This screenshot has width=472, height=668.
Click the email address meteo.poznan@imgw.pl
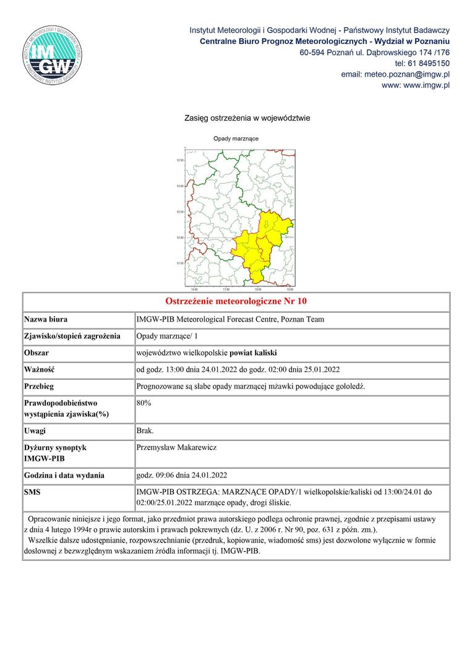tap(395, 74)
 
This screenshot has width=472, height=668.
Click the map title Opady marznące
tap(236, 139)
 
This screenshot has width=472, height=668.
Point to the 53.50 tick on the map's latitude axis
tap(181, 160)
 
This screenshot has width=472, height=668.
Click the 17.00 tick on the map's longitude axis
tap(226, 289)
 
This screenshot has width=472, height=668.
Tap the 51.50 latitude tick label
tap(181, 263)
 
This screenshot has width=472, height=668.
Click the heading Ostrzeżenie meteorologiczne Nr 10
tap(236, 302)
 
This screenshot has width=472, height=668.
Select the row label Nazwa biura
tap(46, 320)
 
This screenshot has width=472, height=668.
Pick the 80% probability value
tap(144, 403)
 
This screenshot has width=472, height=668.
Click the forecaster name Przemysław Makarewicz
tap(176, 447)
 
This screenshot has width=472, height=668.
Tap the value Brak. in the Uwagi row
tap(145, 430)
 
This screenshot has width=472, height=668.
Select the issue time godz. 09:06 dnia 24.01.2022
tap(182, 476)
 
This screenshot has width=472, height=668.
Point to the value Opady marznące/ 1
tap(166, 336)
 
